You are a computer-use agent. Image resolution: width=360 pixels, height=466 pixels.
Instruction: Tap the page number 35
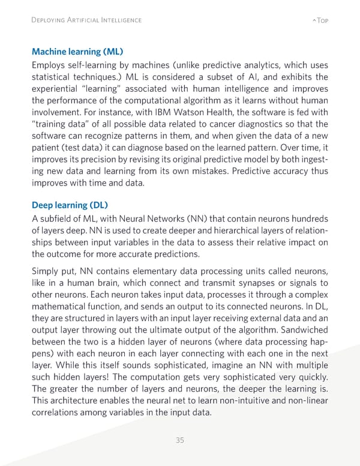coord(179,440)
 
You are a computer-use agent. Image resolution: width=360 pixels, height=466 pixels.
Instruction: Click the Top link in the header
coord(319,20)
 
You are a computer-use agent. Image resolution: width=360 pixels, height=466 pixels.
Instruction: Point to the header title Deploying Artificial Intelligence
coord(86,20)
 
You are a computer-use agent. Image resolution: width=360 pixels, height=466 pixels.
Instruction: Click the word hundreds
coord(307,218)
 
